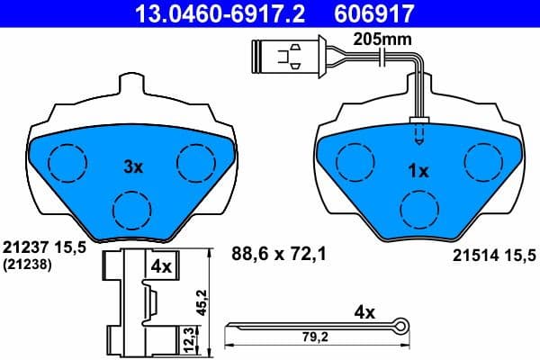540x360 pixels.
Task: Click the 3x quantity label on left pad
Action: pos(133,166)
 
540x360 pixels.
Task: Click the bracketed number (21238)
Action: pos(27,265)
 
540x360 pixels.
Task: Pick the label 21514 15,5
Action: pos(491,256)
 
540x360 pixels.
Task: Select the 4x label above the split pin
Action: pos(364,313)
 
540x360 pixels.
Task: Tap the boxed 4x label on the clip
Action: pos(161,266)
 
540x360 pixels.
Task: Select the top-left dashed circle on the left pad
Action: pos(65,162)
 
